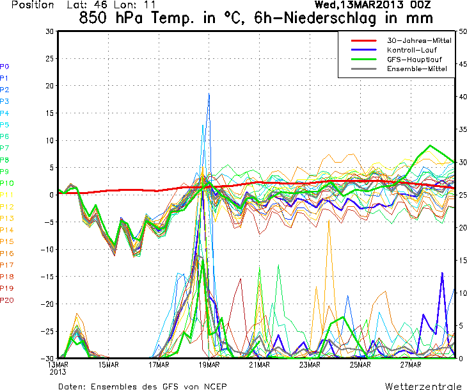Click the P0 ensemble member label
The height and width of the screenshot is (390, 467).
pyautogui.click(x=4, y=66)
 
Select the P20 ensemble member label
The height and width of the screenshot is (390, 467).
pyautogui.click(x=6, y=300)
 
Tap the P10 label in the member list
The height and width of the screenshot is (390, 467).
pyautogui.click(x=6, y=183)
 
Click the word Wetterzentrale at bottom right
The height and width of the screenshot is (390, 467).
pyautogui.click(x=423, y=386)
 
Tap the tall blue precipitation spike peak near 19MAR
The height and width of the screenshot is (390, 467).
pyautogui.click(x=209, y=94)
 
